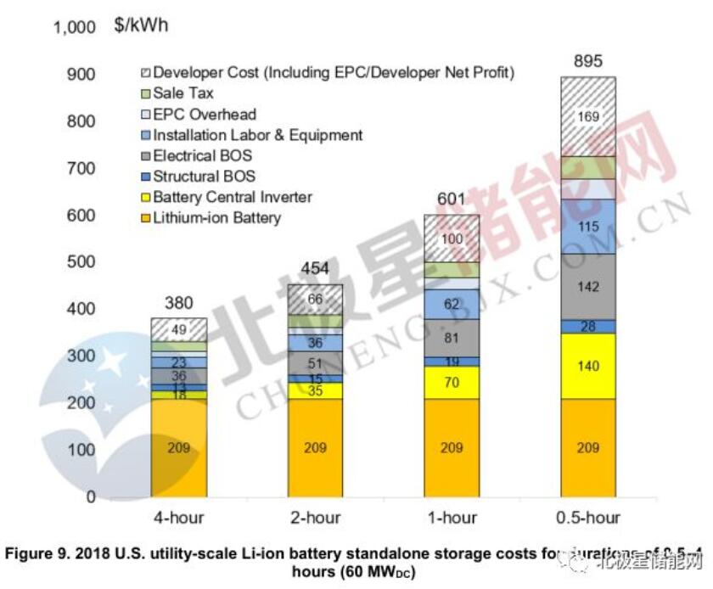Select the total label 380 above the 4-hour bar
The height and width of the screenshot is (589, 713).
(x=178, y=302)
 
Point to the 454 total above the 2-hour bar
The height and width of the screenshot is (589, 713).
(x=314, y=268)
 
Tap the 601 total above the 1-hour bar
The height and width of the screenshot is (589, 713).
(x=451, y=199)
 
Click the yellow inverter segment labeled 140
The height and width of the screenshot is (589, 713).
(x=587, y=366)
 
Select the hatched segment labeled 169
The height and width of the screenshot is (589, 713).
(x=587, y=115)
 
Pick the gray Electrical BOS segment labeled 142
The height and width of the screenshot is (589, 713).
(x=587, y=287)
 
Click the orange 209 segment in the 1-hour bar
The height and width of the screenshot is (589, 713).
(x=451, y=447)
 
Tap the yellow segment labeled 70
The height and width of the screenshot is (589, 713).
(x=451, y=382)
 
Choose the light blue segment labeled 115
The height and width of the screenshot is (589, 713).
(x=587, y=227)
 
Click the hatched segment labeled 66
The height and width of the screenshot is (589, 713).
(x=315, y=299)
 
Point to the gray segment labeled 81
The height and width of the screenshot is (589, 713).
(x=451, y=338)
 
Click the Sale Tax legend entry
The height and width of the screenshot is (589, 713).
(x=182, y=93)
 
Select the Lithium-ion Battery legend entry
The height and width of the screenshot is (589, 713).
(x=216, y=218)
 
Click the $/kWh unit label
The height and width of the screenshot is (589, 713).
(x=141, y=25)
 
